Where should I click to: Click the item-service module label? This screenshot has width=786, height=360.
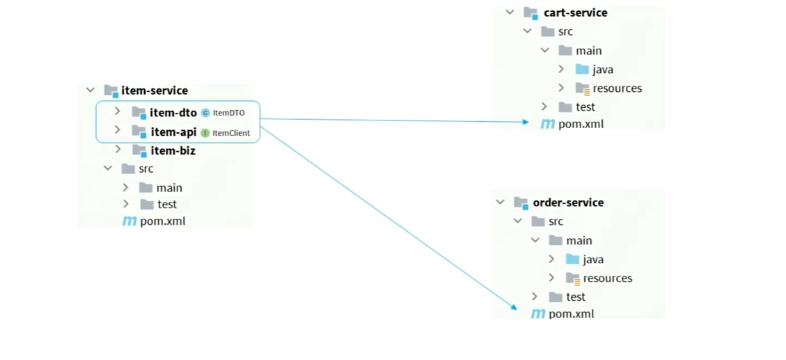point(155,91)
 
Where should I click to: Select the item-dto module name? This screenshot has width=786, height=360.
point(173,113)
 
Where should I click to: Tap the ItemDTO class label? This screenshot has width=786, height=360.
point(228,113)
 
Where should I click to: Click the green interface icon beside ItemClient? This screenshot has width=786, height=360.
point(205,133)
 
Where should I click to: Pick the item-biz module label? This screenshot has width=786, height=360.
point(173,150)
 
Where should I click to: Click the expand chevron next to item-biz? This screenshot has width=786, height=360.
point(117,149)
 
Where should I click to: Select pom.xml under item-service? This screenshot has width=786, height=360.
point(163,221)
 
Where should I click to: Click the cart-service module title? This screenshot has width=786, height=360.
point(576,13)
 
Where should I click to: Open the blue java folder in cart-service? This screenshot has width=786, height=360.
point(582,69)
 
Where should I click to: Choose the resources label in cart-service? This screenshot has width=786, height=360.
point(617,88)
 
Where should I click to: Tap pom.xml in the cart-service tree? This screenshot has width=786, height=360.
point(581,125)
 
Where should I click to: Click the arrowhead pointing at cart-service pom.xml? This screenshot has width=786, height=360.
point(526,122)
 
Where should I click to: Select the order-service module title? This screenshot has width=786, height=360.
point(569,203)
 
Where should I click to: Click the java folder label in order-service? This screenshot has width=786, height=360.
point(593,259)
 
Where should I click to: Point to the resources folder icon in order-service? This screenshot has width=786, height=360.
point(573,279)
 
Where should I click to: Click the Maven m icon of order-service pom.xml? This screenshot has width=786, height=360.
point(537,314)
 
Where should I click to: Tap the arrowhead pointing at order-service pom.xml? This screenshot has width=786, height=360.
point(513,306)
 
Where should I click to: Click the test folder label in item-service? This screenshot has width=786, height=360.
point(167,204)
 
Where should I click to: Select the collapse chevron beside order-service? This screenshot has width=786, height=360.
point(500,202)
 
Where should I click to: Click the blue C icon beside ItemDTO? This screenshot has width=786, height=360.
point(205,113)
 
